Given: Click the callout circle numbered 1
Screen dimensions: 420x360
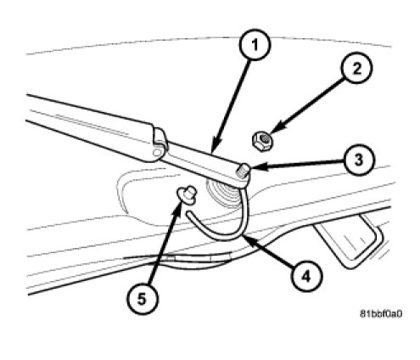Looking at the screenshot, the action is (255, 44).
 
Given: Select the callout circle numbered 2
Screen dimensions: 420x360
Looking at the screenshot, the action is (357, 68).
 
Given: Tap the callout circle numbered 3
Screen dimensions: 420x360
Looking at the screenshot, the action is (359, 160).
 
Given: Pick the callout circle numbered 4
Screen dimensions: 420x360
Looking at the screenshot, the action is (306, 276).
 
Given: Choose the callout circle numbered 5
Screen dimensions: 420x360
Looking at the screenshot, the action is (142, 299).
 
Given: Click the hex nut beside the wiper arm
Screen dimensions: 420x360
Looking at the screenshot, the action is (263, 140).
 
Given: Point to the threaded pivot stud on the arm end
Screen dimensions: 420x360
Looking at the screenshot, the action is (243, 171).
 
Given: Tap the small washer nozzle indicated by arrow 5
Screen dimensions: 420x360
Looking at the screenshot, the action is (186, 194).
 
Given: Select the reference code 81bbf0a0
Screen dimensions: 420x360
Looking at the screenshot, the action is (380, 313).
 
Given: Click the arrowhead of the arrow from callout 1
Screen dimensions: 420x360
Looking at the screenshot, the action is (215, 147).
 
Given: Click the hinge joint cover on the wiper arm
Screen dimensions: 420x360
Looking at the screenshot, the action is (160, 144).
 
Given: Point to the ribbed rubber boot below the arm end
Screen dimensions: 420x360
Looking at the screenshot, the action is (223, 193).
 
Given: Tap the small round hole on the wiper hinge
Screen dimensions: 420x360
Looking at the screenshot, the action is (156, 153).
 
